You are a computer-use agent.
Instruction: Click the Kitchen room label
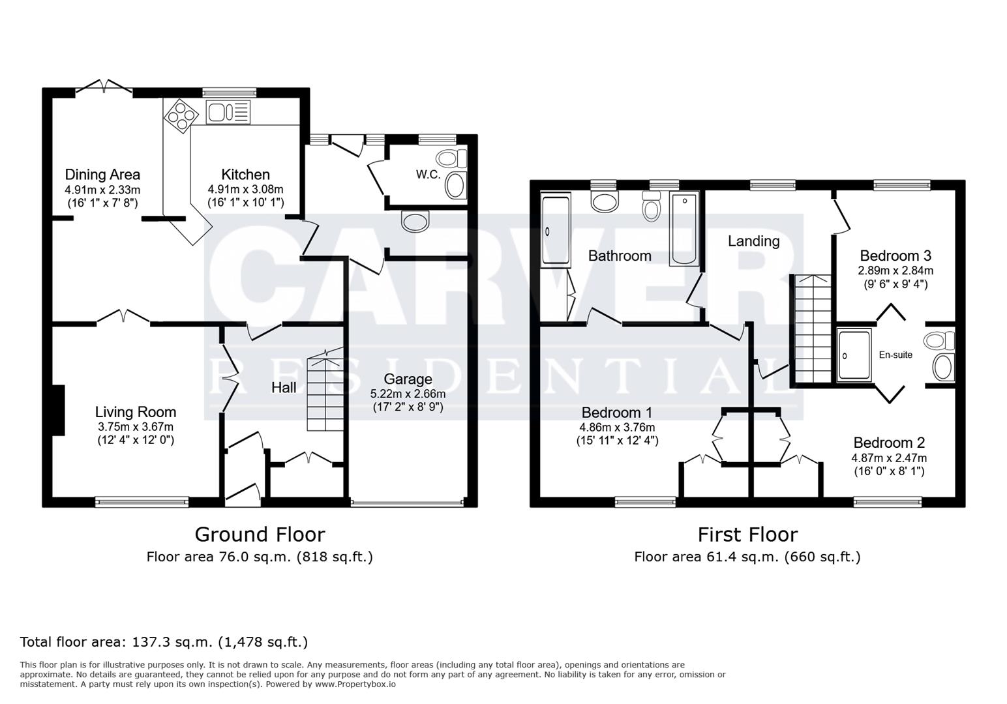click(245, 175)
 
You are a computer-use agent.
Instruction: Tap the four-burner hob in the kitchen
click(181, 116)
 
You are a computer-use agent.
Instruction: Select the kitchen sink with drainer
click(227, 113)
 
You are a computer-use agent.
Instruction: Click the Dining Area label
click(102, 175)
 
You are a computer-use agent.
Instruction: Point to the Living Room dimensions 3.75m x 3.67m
click(136, 426)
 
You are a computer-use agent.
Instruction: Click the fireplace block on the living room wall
click(58, 410)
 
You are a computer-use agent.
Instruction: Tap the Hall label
click(284, 388)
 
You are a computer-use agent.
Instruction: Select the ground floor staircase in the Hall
click(325, 391)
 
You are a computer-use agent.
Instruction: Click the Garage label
click(408, 379)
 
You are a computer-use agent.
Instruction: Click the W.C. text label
click(428, 175)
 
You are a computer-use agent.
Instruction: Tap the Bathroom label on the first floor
click(620, 256)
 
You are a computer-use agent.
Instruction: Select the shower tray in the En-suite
click(854, 355)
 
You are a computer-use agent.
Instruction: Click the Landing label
click(753, 241)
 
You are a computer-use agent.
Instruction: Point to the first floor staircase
click(812, 329)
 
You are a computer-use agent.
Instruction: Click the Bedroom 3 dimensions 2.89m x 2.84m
click(895, 271)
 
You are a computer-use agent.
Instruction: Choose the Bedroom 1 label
click(616, 413)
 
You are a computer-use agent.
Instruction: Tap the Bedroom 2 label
click(888, 443)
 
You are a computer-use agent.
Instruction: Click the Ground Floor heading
click(260, 535)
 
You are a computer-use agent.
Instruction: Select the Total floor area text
click(164, 642)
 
